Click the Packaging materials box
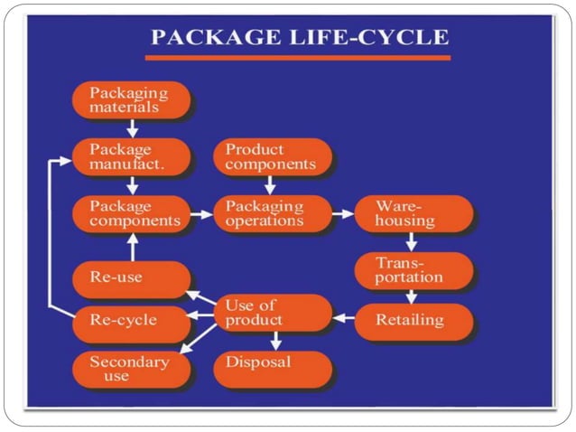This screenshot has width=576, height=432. pos(130,99)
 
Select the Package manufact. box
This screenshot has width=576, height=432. pos(130,156)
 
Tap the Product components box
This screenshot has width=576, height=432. pos(272,156)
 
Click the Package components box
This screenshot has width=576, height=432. pos(130,213)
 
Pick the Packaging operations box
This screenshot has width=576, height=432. pos(272,213)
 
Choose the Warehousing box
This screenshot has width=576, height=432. pos(412,213)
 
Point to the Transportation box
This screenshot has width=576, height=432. pos(412,269)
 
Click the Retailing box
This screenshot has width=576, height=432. pos(412,320)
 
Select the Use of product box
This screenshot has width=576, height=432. pos(272,313)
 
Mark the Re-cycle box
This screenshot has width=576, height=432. pos(130,321)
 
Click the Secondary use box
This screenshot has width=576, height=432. pos(130,368)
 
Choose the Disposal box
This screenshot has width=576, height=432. pos(272,364)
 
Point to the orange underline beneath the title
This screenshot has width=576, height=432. pos(297,58)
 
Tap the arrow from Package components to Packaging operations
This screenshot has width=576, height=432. pos(202,215)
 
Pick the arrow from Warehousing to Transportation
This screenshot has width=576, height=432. pos(410,241)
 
